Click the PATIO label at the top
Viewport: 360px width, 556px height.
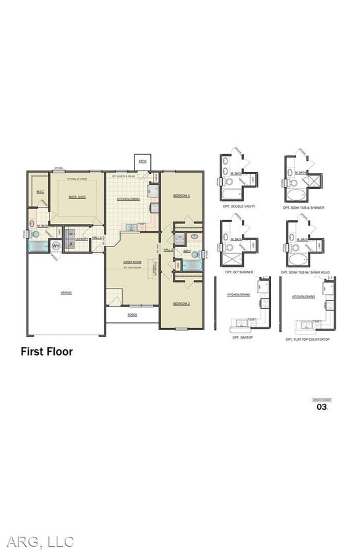(x=142, y=161)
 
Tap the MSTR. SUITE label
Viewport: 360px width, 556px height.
(x=77, y=196)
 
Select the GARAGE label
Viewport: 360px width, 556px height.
(x=67, y=292)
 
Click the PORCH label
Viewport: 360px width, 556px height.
(x=133, y=314)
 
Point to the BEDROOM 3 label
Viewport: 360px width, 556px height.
(x=181, y=196)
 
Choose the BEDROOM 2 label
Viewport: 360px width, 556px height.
(x=181, y=303)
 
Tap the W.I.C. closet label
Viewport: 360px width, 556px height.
(x=40, y=192)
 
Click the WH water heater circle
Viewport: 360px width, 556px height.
(x=56, y=246)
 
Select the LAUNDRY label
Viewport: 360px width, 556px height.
(x=82, y=238)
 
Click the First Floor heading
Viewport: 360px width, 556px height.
(x=47, y=352)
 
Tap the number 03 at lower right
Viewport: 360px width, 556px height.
(x=322, y=407)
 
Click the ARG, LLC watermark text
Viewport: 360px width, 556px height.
(x=41, y=542)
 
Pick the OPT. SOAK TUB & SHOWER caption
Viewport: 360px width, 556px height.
(x=303, y=208)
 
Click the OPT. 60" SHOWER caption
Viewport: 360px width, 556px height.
(x=239, y=272)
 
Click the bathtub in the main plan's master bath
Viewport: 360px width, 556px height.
(x=38, y=246)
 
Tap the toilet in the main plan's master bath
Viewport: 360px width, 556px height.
(x=36, y=233)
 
